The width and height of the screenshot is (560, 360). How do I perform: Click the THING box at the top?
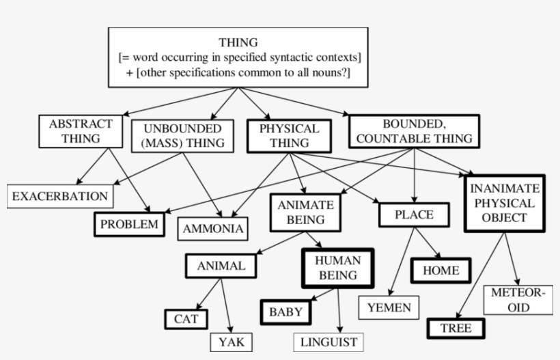click(238, 57)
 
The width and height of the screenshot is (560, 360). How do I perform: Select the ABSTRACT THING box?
click(81, 131)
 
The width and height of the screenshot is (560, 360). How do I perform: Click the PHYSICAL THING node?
click(290, 135)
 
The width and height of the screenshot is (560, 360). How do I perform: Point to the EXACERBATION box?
click(60, 197)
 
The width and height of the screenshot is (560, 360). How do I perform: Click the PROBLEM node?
click(129, 224)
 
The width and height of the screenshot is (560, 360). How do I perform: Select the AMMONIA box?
click(213, 229)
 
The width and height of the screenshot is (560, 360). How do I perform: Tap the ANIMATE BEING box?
click(306, 212)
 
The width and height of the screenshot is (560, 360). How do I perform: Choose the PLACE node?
click(414, 214)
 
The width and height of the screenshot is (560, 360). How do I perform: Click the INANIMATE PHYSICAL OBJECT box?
click(505, 203)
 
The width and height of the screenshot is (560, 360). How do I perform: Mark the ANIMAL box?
click(221, 266)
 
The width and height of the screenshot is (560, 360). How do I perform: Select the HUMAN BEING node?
click(338, 268)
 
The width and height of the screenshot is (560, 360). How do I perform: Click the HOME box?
click(440, 270)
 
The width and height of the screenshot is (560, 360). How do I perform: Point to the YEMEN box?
click(389, 307)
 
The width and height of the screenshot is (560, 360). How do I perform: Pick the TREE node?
click(456, 328)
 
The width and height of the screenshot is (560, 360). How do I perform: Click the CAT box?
click(186, 318)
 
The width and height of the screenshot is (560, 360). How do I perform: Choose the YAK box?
click(231, 341)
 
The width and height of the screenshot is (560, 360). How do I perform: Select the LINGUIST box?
click(328, 341)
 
